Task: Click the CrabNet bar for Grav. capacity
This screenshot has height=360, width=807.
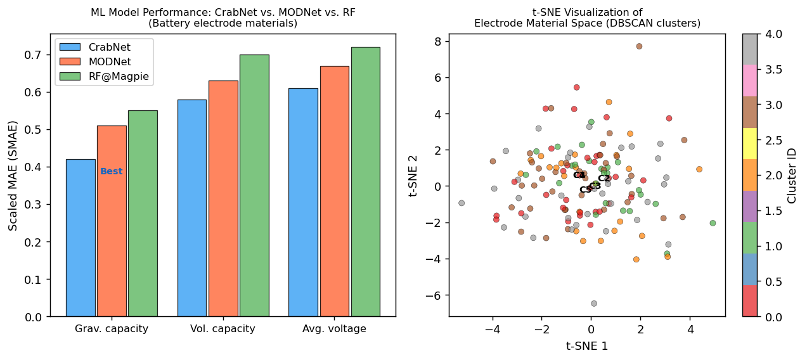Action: [81, 238]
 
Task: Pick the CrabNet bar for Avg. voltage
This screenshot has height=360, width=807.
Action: [303, 202]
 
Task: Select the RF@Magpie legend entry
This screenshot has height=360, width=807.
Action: [105, 77]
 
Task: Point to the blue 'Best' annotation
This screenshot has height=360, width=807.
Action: [112, 172]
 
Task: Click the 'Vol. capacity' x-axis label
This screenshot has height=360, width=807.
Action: [223, 329]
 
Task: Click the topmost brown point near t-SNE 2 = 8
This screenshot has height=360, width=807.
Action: [639, 46]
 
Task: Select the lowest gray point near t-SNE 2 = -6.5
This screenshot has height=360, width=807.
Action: [594, 304]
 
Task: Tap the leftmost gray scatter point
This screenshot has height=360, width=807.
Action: [462, 203]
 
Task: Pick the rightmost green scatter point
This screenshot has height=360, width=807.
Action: [713, 223]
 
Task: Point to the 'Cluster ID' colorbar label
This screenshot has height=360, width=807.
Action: [792, 176]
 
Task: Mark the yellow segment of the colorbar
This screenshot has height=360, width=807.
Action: [749, 143]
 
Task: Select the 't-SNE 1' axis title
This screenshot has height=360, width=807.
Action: [587, 346]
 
